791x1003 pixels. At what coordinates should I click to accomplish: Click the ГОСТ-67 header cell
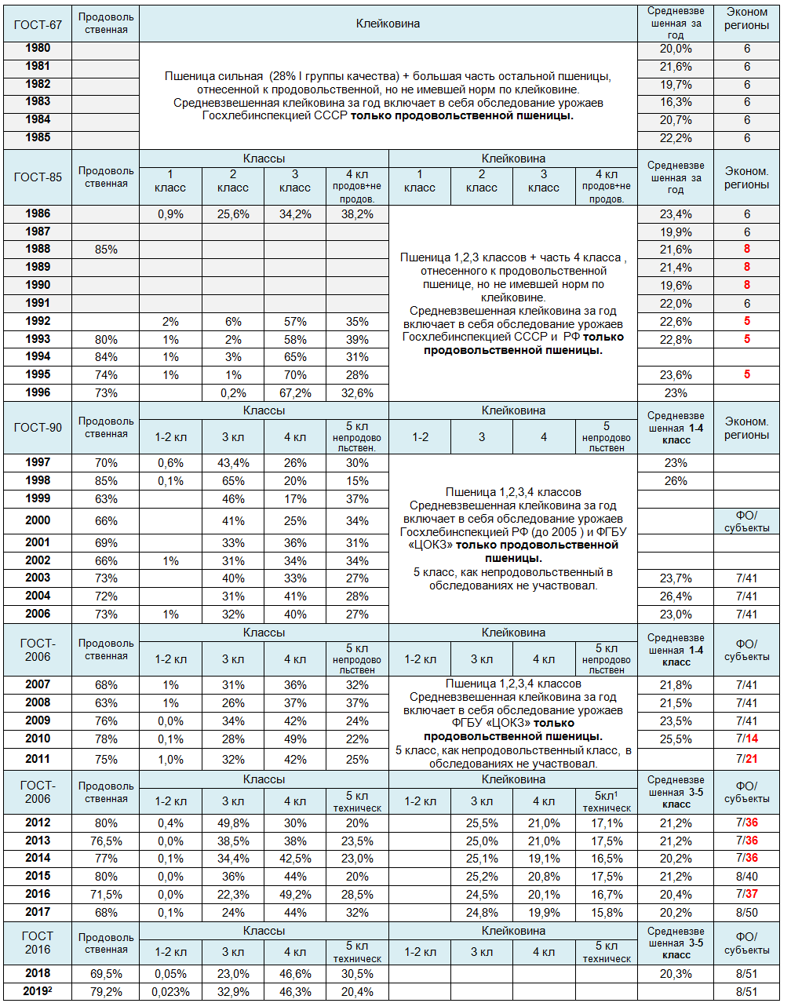(x=38, y=24)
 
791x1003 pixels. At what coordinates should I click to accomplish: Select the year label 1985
(x=38, y=137)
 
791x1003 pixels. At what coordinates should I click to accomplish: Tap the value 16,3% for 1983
(x=675, y=102)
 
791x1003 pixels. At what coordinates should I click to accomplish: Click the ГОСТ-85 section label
(x=38, y=177)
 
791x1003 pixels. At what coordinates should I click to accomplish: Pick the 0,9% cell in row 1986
(x=170, y=214)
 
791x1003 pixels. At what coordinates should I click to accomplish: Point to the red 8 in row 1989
(x=746, y=268)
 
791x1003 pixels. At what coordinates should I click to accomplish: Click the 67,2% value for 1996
(x=295, y=393)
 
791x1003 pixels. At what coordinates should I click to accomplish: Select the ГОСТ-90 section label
(x=38, y=428)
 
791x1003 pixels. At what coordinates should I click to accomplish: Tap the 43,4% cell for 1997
(x=233, y=463)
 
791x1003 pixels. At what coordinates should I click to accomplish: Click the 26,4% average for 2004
(x=675, y=596)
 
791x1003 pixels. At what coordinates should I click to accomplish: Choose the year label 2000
(x=38, y=520)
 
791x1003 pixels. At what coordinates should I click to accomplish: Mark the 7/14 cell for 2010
(x=746, y=739)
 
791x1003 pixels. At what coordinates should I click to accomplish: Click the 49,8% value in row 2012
(x=233, y=823)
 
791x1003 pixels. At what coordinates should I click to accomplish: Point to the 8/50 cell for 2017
(x=746, y=913)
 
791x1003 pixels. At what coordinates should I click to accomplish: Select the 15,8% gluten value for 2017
(x=607, y=913)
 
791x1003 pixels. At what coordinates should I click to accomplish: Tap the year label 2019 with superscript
(x=38, y=991)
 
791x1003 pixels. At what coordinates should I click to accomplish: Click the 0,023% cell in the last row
(x=170, y=992)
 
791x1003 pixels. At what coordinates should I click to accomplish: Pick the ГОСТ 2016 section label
(x=38, y=943)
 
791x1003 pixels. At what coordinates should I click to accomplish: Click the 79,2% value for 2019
(x=106, y=992)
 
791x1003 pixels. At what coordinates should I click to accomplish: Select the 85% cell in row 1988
(x=106, y=250)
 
